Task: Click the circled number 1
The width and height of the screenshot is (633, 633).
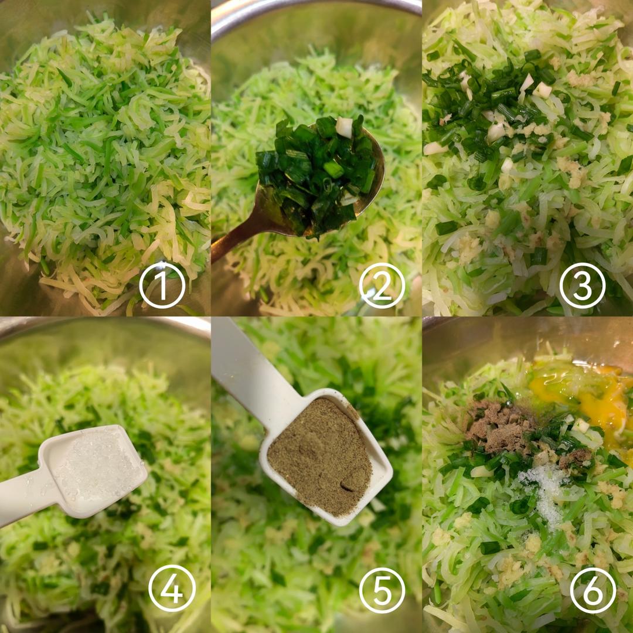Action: click(x=162, y=285)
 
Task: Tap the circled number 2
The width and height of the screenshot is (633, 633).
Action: click(x=382, y=285)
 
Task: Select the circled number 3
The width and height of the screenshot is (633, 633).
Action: click(x=582, y=285)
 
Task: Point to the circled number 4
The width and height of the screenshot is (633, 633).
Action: click(x=172, y=588)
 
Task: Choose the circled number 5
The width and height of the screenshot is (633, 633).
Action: click(x=382, y=590)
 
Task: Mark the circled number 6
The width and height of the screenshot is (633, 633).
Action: click(x=593, y=590)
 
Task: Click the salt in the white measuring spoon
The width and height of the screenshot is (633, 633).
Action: click(x=99, y=468)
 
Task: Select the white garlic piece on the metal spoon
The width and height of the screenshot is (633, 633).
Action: click(x=345, y=127)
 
